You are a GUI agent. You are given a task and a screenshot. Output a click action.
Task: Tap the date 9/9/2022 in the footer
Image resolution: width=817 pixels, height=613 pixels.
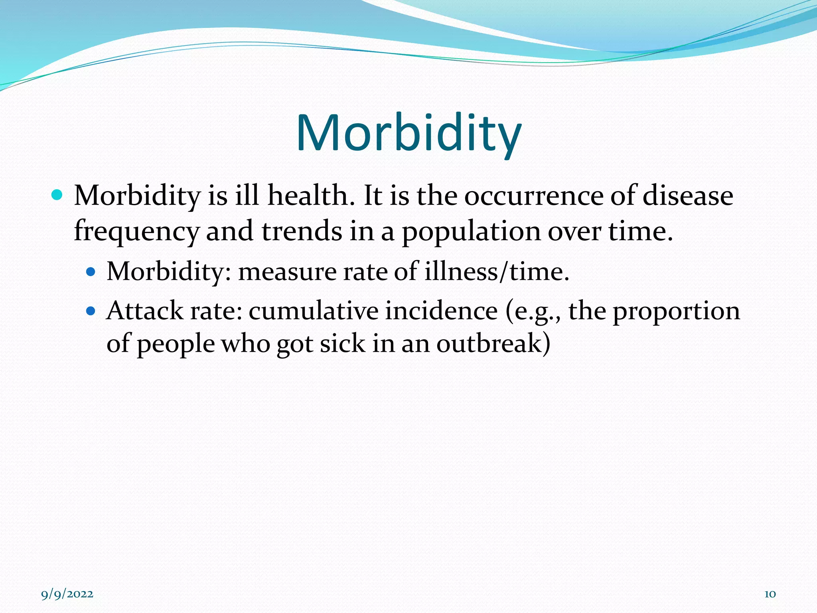[67, 594]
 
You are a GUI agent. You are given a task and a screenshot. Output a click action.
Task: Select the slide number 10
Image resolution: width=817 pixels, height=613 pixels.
[770, 594]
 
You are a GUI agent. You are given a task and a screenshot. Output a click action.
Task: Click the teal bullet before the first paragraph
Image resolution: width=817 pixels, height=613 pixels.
[57, 195]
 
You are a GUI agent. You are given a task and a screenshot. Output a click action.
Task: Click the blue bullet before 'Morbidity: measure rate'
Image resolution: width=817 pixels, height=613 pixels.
[91, 272]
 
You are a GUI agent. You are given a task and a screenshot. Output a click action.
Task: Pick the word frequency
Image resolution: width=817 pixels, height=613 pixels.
[136, 231]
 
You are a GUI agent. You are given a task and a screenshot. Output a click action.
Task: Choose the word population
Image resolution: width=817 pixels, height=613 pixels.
[471, 231]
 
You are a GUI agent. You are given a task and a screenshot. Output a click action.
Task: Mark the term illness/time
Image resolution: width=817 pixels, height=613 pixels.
[497, 271]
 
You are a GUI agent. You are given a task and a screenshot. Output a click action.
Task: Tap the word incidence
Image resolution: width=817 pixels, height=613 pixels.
[441, 310]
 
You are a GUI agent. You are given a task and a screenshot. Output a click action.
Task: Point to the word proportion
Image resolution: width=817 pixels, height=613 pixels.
[676, 311]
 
